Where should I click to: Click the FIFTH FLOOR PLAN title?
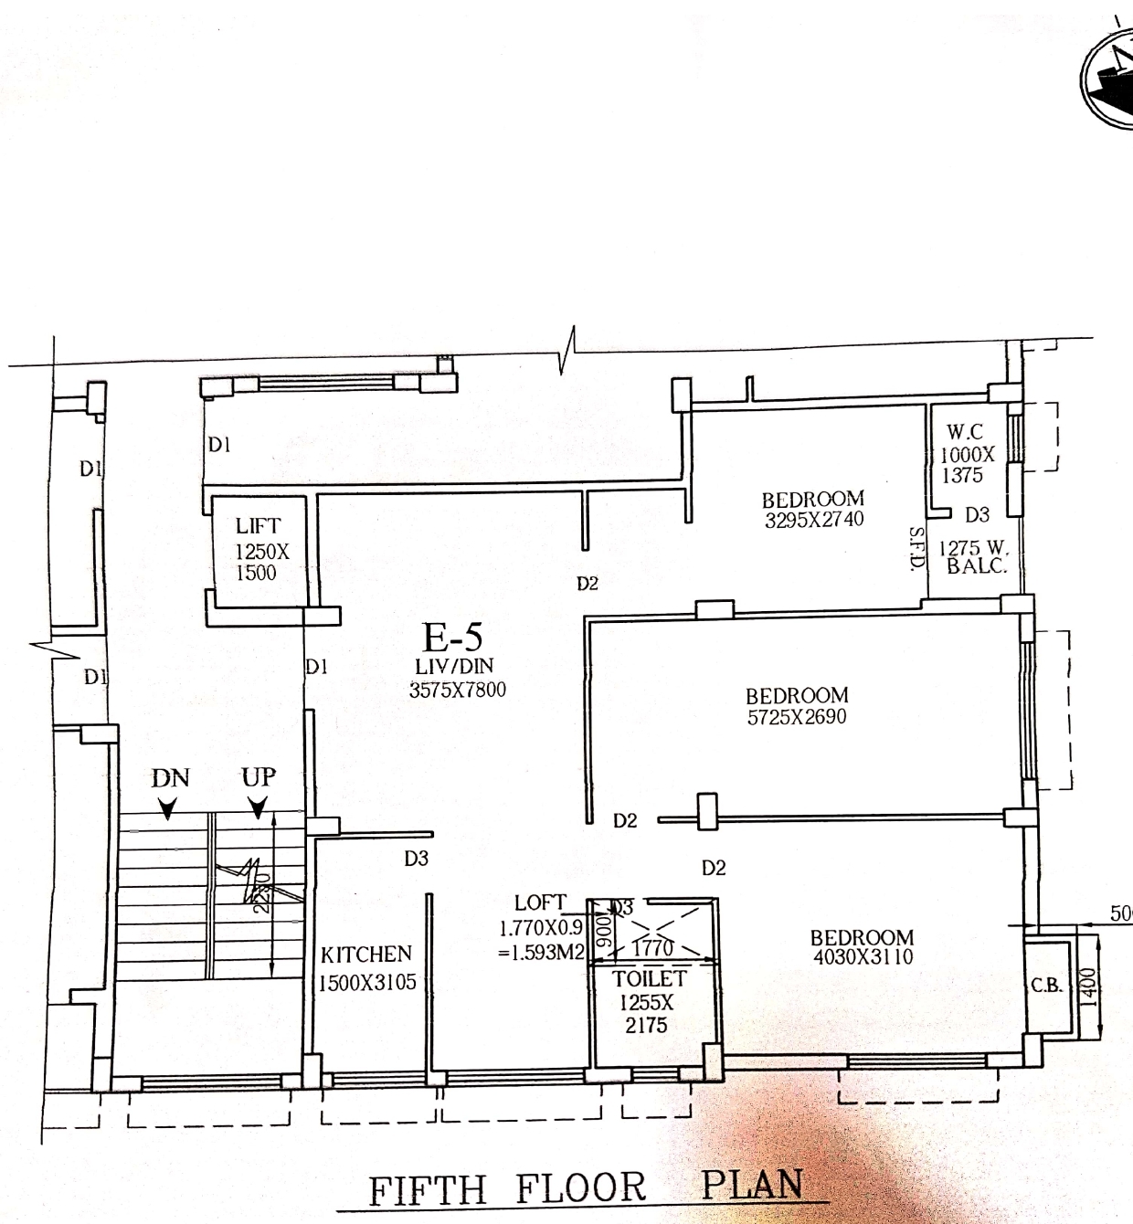[586, 1187]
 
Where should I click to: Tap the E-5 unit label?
[451, 636]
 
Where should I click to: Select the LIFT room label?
[258, 526]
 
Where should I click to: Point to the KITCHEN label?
[366, 955]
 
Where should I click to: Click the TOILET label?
[649, 978]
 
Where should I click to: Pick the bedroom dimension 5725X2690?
[797, 718]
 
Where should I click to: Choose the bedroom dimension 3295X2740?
[813, 521]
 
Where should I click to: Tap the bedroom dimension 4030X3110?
[863, 958]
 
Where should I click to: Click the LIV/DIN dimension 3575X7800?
[457, 691]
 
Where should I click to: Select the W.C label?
[965, 432]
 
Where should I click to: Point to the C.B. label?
[1045, 987]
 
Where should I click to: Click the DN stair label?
[170, 778]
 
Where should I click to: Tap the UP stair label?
[259, 777]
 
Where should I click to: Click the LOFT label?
[540, 902]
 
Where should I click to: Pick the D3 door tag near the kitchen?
[417, 859]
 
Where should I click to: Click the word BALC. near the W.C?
[976, 566]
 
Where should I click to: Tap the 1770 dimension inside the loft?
[652, 948]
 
